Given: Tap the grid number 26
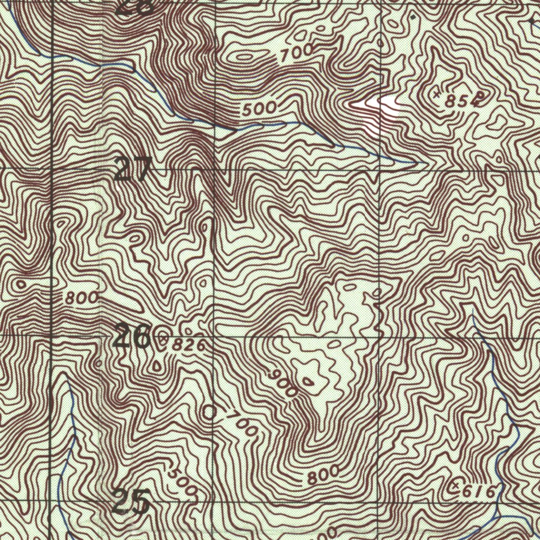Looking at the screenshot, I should click(x=132, y=337).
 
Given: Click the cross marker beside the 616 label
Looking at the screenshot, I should click(x=456, y=486).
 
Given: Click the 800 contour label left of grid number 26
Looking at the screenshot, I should click(x=82, y=298).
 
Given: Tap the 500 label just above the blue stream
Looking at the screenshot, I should click(x=259, y=109).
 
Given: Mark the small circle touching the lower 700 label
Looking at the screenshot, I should click(x=211, y=412).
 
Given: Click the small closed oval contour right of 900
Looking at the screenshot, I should click(x=307, y=381).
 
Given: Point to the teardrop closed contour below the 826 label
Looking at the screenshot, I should click(x=158, y=364).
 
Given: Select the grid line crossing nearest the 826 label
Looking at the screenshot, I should click(x=214, y=336).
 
